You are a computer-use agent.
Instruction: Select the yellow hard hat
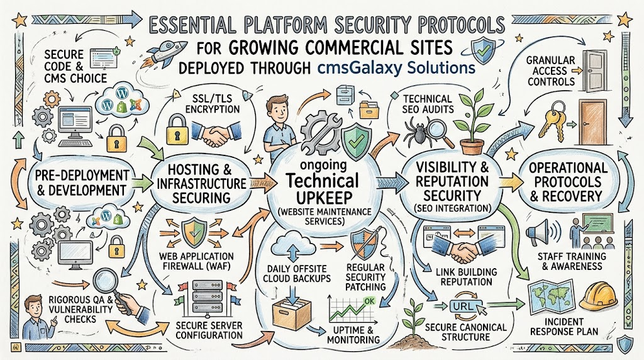click(598, 296)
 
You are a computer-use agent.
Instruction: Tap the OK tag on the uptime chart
click(369, 301)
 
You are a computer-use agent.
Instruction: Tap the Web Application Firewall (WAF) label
click(196, 261)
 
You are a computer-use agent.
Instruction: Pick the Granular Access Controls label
click(551, 71)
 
